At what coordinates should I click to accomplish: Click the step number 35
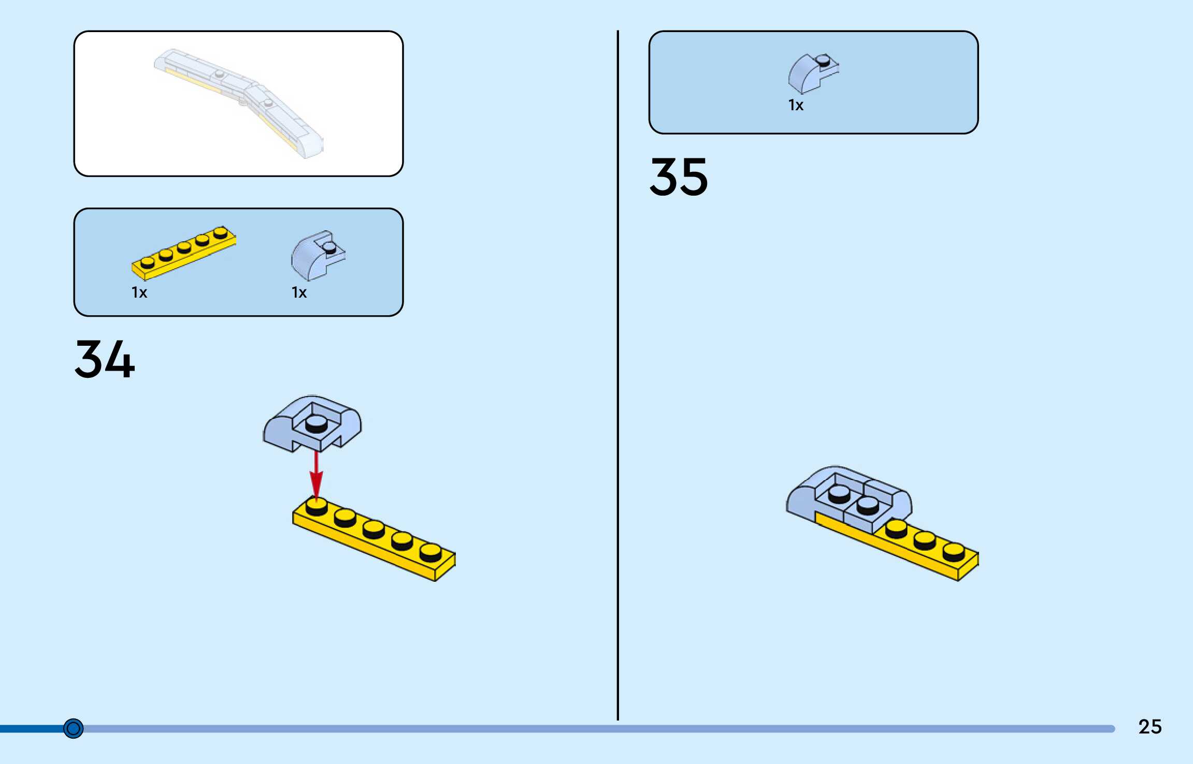tap(679, 177)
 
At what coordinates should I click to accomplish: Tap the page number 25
tap(1150, 727)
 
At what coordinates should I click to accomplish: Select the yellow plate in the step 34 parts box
tap(184, 252)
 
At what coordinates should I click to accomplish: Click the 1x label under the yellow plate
tap(139, 293)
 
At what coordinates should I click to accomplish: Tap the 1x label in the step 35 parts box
tap(796, 106)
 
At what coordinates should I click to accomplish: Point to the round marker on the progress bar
tap(73, 728)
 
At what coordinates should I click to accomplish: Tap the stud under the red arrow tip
tap(317, 505)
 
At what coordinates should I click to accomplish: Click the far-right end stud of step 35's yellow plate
tap(954, 550)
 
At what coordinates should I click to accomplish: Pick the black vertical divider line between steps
tap(617, 375)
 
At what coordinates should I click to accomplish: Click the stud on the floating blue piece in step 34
tap(316, 423)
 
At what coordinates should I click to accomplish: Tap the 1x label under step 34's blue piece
tap(299, 293)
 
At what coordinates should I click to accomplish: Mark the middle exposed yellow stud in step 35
tap(925, 539)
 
